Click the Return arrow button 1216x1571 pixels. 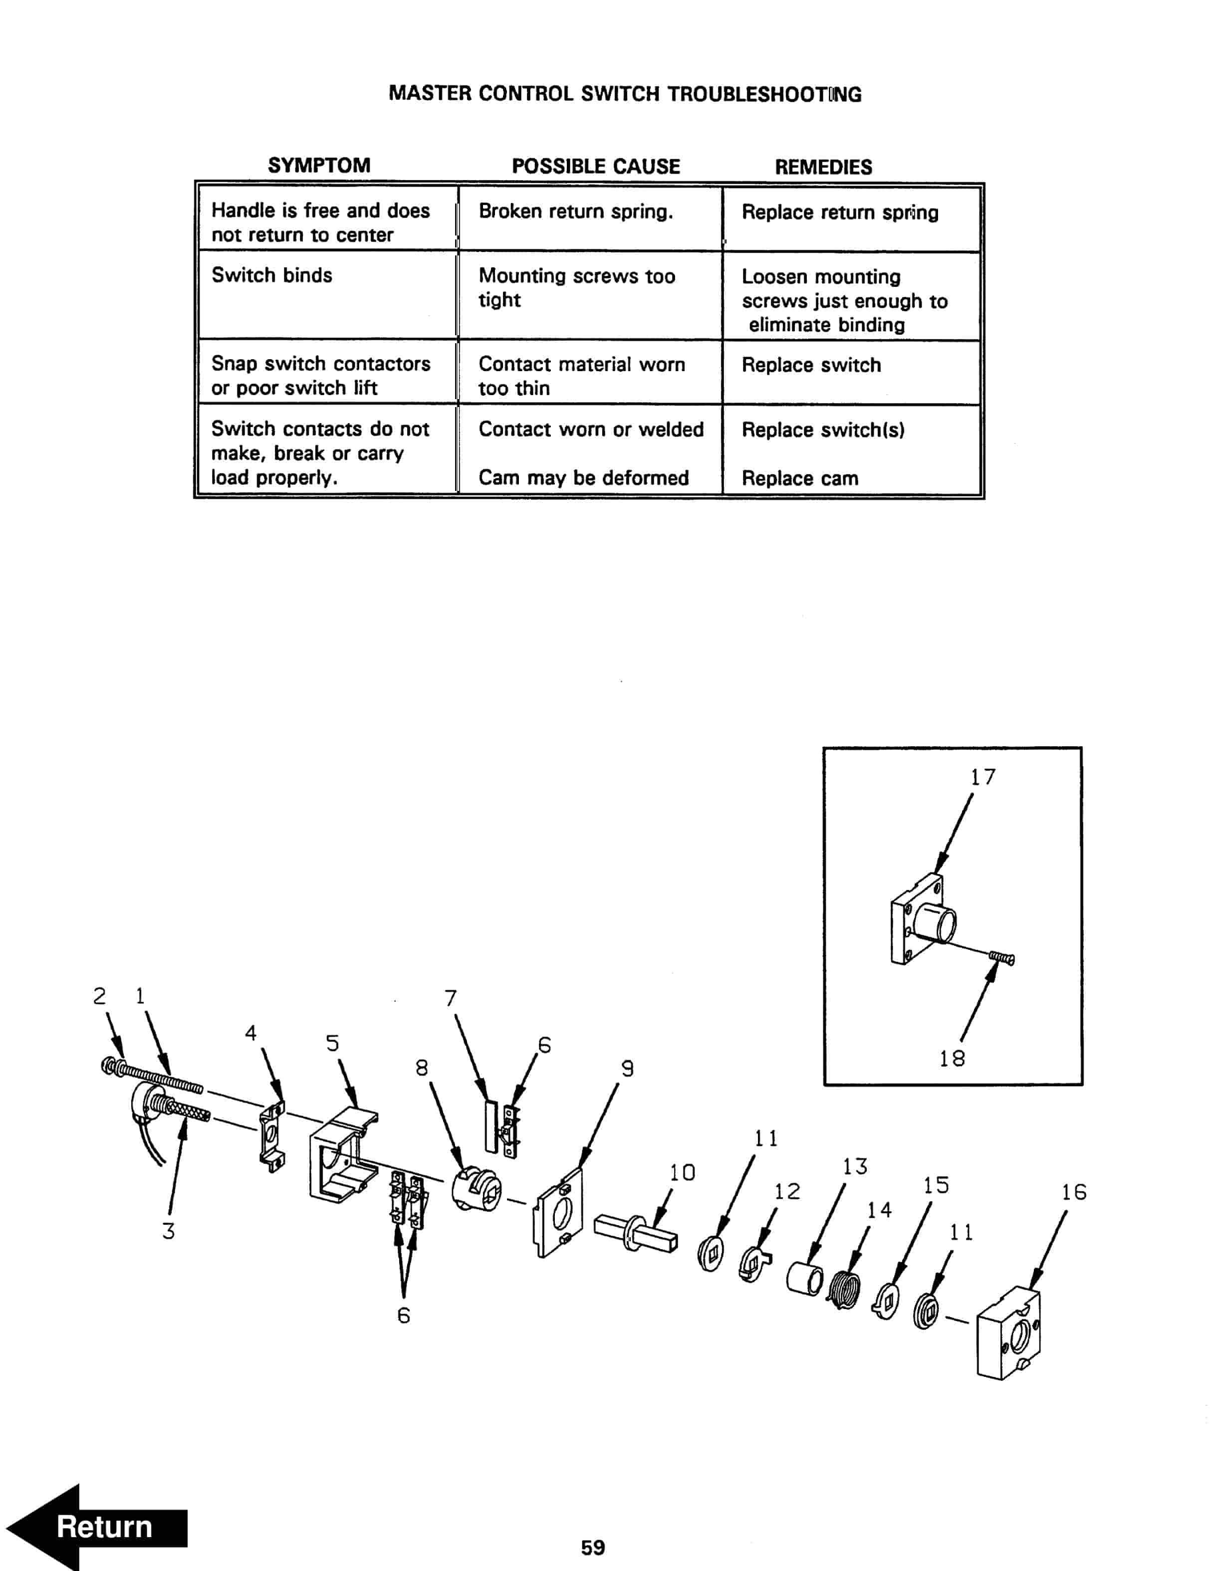coord(97,1527)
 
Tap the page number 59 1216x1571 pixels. coord(593,1547)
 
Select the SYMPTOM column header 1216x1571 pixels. coord(319,166)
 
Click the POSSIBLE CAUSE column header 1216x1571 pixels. coord(595,166)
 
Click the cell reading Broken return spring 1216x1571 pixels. coord(576,212)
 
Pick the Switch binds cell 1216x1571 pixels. coord(271,275)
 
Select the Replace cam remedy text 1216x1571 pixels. coord(799,478)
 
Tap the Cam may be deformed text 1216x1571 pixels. coord(583,477)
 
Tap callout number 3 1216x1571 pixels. coord(168,1231)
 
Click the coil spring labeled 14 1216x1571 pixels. coord(843,1290)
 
